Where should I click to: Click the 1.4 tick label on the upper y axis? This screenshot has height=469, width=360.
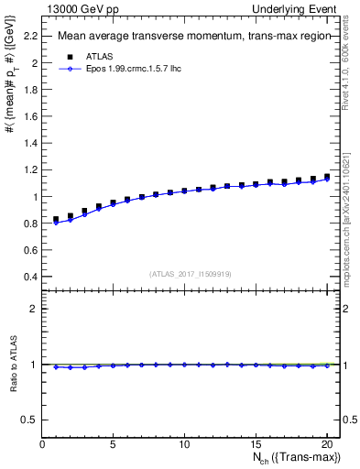(31, 143)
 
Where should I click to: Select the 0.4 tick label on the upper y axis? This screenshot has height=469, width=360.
(31, 277)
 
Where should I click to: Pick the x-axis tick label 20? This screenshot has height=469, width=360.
(326, 444)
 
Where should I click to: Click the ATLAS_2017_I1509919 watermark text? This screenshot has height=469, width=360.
(191, 274)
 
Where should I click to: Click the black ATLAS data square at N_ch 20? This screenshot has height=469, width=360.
(326, 177)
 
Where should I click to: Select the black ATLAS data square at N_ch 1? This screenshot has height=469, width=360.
(57, 220)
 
